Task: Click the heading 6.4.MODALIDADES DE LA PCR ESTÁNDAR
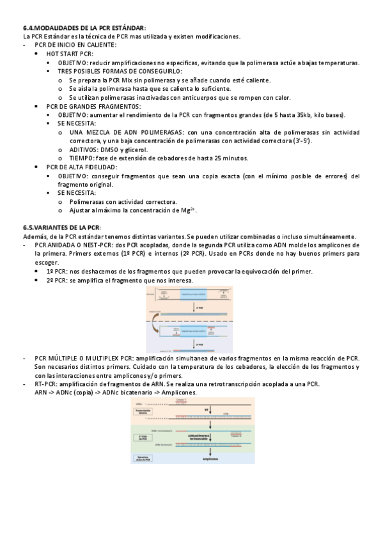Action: tap(84, 28)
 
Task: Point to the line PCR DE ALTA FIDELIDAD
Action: tap(82, 167)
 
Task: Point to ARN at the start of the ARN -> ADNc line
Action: tap(41, 393)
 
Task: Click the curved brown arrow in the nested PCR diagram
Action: tap(156, 328)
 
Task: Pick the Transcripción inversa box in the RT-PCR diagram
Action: tap(145, 413)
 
